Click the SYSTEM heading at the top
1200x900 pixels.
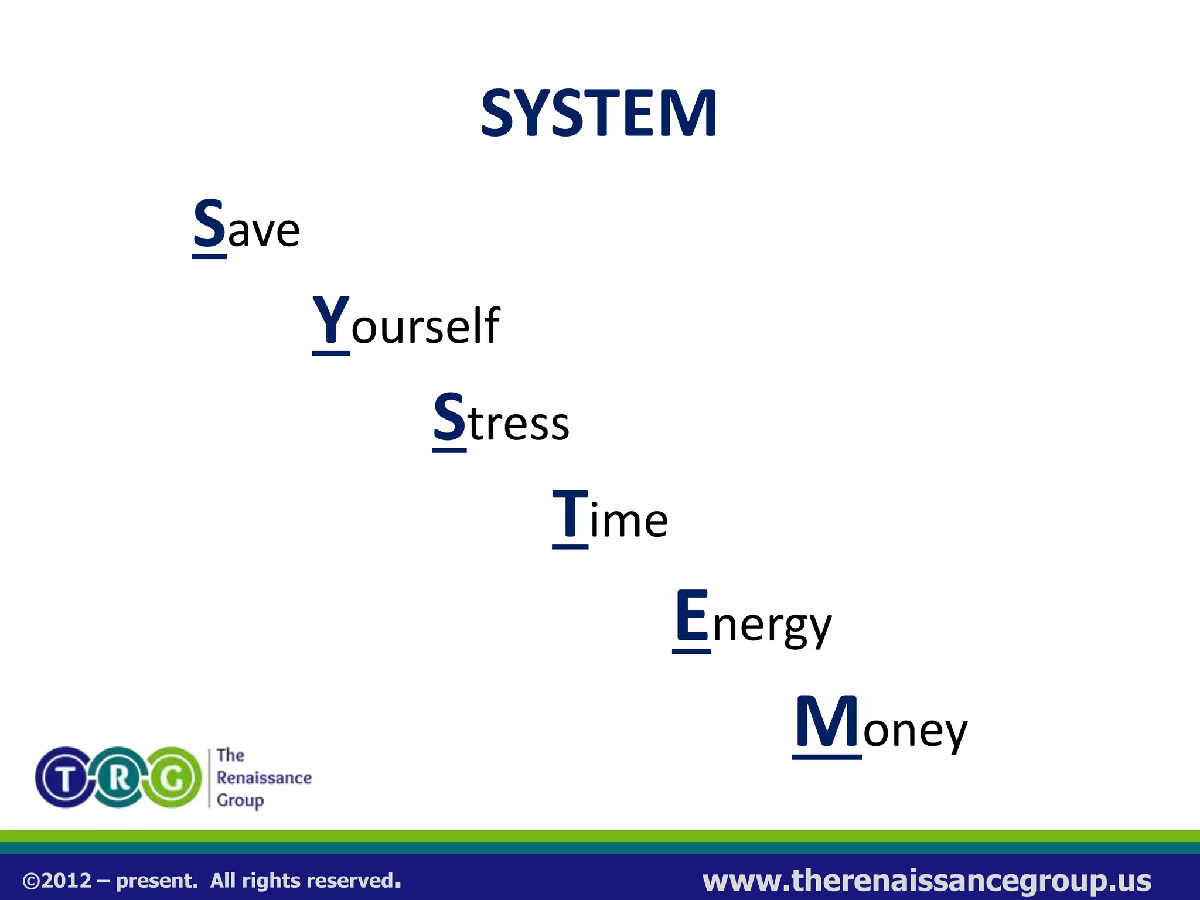[x=599, y=113]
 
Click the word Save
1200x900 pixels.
[x=246, y=226]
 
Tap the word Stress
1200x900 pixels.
[x=501, y=419]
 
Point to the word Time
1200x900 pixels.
[x=610, y=516]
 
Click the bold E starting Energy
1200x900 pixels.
[x=691, y=616]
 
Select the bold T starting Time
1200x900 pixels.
[x=570, y=514]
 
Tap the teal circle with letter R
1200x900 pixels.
[x=120, y=778]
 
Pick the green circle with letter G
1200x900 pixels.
[x=173, y=778]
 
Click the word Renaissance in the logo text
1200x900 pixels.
[x=264, y=778]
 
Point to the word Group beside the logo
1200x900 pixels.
[x=240, y=800]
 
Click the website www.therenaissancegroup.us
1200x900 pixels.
[x=926, y=880]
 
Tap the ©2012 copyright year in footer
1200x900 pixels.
[x=57, y=881]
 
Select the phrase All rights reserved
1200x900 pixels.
[x=305, y=881]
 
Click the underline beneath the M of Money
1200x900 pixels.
[x=827, y=757]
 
